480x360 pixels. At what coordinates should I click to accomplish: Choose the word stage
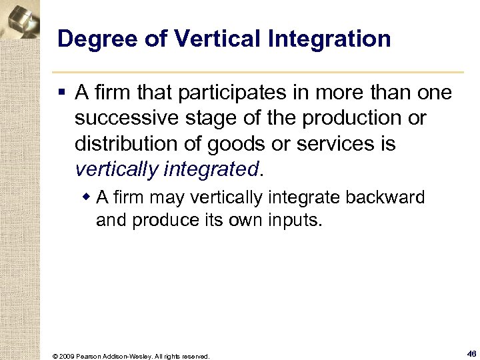point(199,118)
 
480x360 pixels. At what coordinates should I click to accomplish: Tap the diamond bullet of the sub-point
point(87,199)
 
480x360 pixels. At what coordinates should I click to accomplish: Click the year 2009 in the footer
point(66,356)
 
